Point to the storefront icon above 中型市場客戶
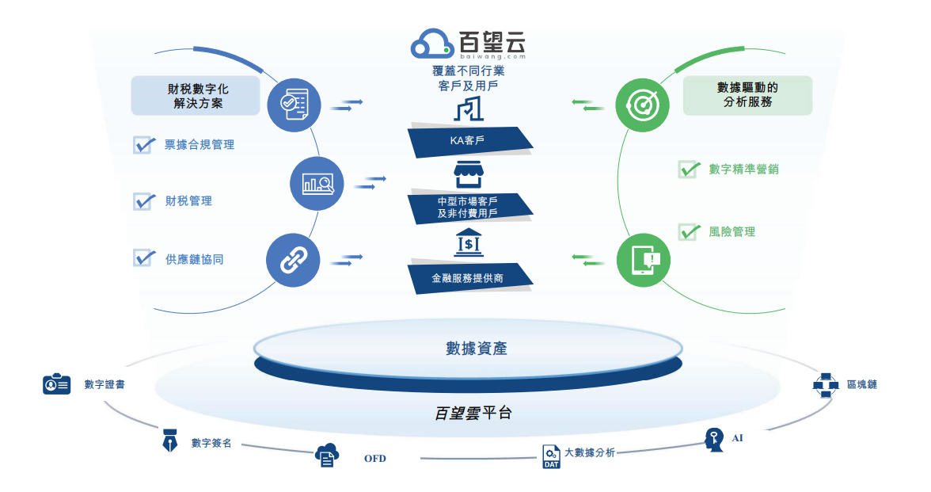click(468, 175)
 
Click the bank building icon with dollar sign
click(469, 244)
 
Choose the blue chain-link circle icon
click(292, 259)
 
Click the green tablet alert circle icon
click(641, 260)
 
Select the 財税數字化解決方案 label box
click(196, 96)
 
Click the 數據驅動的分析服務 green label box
click(747, 95)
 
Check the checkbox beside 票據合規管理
click(143, 144)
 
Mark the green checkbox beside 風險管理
click(688, 231)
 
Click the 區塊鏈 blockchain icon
click(826, 385)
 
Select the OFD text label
click(375, 458)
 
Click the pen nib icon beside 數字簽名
click(170, 441)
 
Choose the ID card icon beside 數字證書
click(56, 384)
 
